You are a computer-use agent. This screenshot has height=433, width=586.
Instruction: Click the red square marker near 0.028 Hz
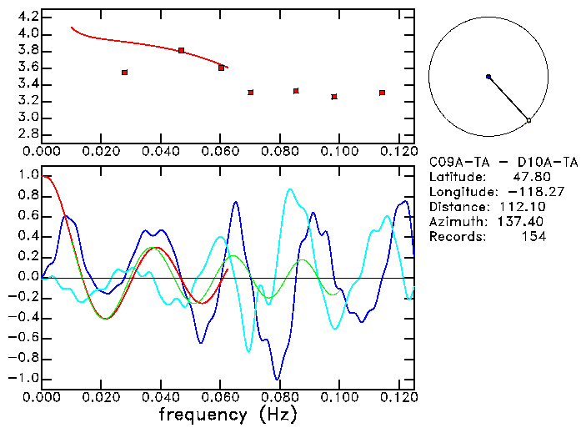coord(124,73)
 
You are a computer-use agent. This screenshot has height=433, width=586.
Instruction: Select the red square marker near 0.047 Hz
coord(181,51)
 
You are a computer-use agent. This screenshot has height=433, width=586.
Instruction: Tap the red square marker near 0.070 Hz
coord(250,92)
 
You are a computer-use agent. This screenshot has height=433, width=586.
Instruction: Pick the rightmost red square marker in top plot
coord(382,93)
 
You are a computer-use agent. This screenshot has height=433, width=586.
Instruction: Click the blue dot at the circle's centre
coord(488,77)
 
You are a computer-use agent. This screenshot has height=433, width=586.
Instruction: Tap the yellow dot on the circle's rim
coord(528,121)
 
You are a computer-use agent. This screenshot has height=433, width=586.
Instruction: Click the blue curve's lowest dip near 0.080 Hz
coord(277,379)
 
